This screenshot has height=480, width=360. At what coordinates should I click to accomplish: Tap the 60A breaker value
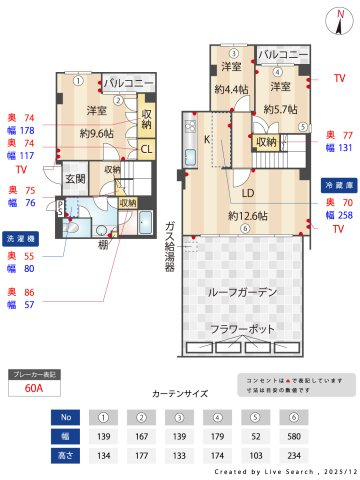pos(33,390)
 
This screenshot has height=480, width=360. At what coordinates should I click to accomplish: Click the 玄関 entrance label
pos(76,179)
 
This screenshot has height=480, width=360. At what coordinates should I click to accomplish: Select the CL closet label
pos(146,150)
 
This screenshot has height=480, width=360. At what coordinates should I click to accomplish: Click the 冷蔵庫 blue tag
pos(337,186)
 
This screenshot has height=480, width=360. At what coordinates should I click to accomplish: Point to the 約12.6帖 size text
pos(245,215)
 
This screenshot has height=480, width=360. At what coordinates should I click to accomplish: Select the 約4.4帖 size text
pos(231,88)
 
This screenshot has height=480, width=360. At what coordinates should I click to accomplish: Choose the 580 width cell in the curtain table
pos(293,435)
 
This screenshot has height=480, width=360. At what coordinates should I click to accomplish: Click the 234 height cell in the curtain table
pos(293,455)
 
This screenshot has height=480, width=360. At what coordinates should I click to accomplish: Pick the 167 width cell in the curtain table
pos(141,435)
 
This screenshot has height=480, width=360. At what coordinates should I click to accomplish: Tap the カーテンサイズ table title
pos(179,394)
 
